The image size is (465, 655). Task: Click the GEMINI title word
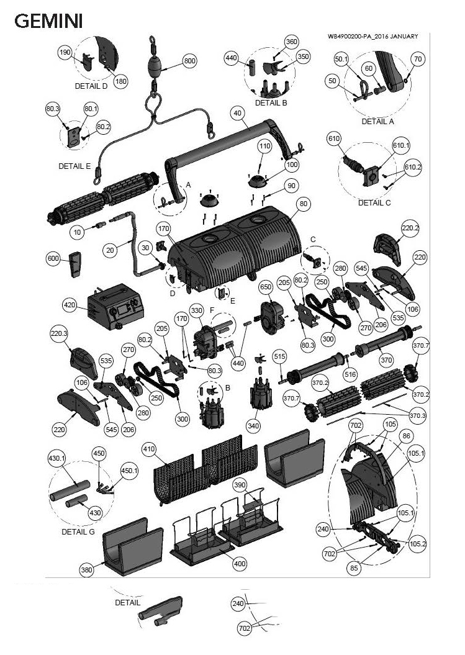pyautogui.click(x=48, y=22)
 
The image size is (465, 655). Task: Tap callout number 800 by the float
pyautogui.click(x=190, y=61)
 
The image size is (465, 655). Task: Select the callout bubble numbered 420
pyautogui.click(x=70, y=305)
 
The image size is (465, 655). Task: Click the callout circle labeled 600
pyautogui.click(x=53, y=258)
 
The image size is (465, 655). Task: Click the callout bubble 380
pyautogui.click(x=88, y=569)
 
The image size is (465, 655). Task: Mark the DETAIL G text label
pyautogui.click(x=79, y=532)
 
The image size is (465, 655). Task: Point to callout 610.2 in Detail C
pyautogui.click(x=413, y=168)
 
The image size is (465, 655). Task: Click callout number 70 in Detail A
pyautogui.click(x=417, y=59)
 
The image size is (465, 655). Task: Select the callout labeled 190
pyautogui.click(x=65, y=53)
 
